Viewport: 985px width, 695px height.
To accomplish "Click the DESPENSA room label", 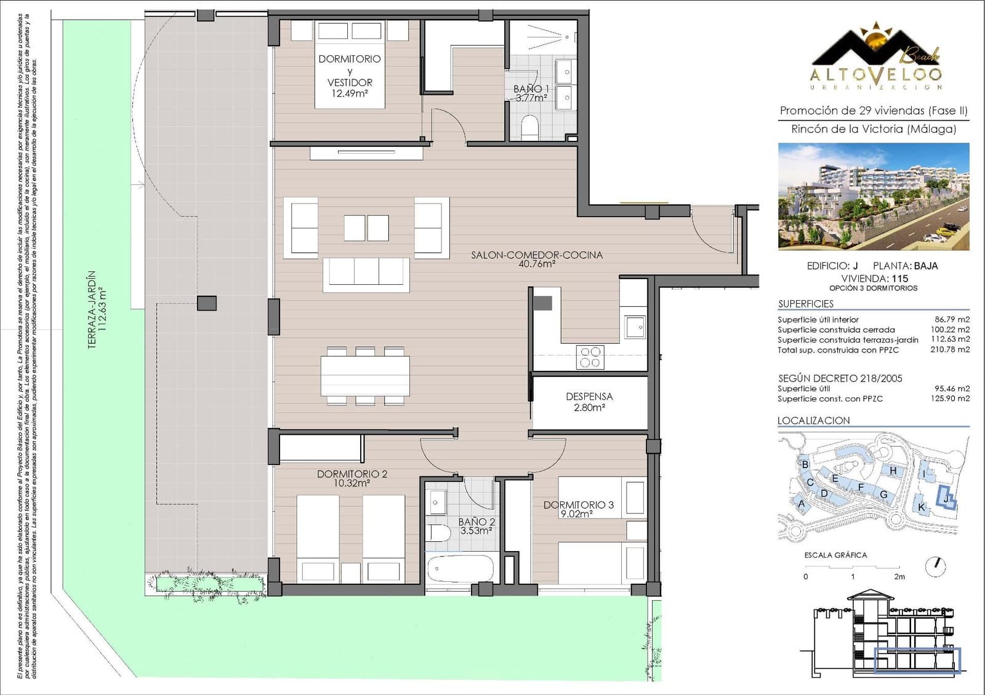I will coord(589,397).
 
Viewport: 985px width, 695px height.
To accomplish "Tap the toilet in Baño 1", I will coord(529,127).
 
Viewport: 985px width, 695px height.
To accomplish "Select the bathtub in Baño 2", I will coord(460,568).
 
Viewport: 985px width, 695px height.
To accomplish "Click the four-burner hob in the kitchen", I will coord(590,357).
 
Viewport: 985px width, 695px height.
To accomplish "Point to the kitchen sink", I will coord(635,327).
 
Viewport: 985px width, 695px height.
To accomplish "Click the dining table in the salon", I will coord(365,376).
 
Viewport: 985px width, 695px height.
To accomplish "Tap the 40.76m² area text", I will coord(537,264).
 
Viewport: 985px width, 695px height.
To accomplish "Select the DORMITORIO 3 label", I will coord(578,505).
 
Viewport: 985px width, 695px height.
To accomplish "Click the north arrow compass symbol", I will coord(935,566).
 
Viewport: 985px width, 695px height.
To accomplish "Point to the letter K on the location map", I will coord(922,507).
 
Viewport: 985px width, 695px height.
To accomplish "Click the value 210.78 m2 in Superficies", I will coord(949,349).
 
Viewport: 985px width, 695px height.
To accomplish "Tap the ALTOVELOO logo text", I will coord(875,74).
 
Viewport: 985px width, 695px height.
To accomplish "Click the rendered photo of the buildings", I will coord(873,196).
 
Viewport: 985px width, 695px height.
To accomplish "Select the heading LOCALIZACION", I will coord(813,421).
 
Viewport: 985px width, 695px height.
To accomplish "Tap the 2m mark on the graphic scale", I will coord(899,576).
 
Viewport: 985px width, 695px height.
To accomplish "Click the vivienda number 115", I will coord(899,278).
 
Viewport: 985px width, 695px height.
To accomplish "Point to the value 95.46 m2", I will coord(952,389).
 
